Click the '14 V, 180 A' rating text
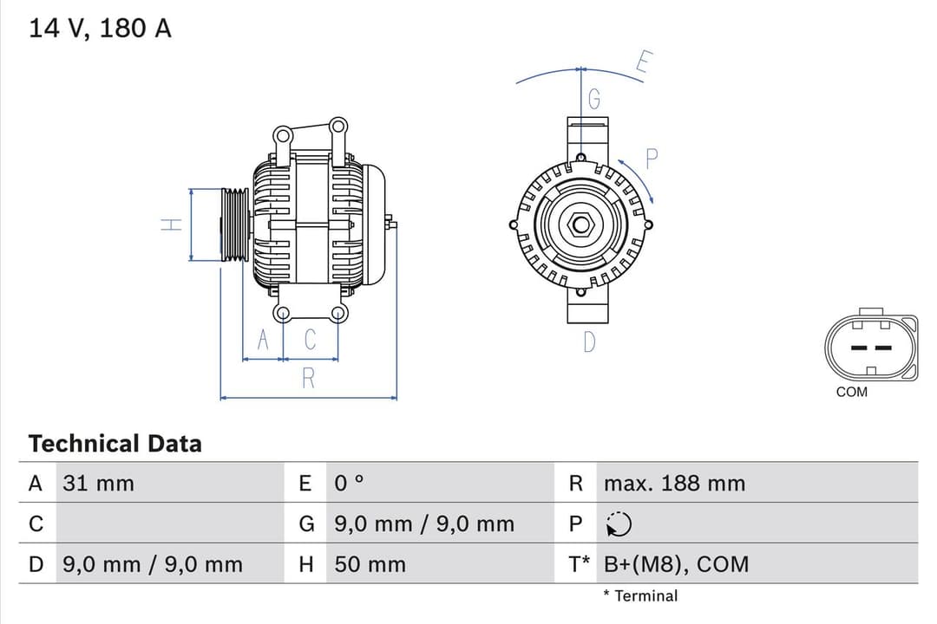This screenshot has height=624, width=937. pyautogui.click(x=100, y=29)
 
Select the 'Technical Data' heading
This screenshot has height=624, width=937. pyautogui.click(x=115, y=444)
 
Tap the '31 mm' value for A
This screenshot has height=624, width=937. pyautogui.click(x=98, y=484)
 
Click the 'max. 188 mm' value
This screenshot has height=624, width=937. pyautogui.click(x=674, y=484)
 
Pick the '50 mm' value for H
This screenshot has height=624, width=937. pyautogui.click(x=370, y=565)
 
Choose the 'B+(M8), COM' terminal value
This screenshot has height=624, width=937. pyautogui.click(x=676, y=565)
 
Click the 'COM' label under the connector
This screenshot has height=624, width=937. pyautogui.click(x=851, y=392)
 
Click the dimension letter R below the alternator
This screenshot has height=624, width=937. pyautogui.click(x=308, y=378)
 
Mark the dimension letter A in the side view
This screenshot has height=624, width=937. pyautogui.click(x=265, y=340)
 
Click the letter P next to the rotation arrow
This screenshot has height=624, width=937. pyautogui.click(x=652, y=159)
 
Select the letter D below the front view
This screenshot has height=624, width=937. pyautogui.click(x=589, y=342)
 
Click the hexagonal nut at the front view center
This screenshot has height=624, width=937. pyautogui.click(x=580, y=225)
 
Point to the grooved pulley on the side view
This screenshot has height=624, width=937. pyautogui.click(x=234, y=224)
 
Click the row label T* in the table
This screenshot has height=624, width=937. pyautogui.click(x=579, y=565)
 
